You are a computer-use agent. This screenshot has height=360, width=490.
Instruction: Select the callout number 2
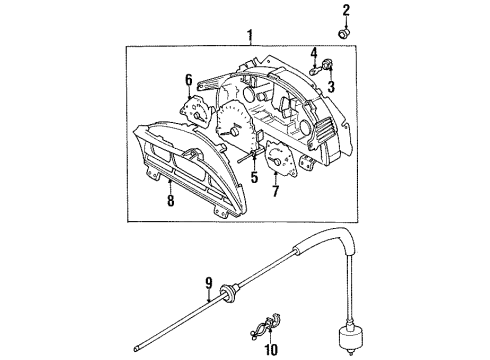coord(347,11)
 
